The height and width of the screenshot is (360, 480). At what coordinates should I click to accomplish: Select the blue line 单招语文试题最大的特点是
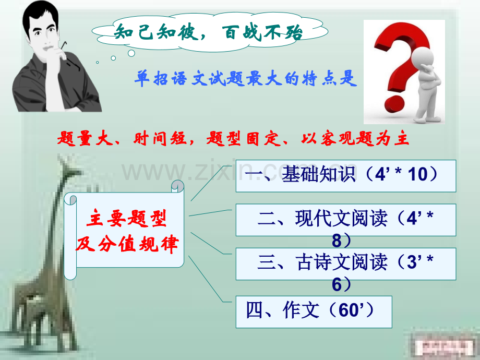[x=245, y=79]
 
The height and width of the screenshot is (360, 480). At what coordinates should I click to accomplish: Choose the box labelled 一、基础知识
[x=345, y=175]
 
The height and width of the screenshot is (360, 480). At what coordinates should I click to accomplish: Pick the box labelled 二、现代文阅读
[x=345, y=220]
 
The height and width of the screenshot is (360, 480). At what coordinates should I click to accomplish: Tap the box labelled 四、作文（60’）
[x=313, y=311]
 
